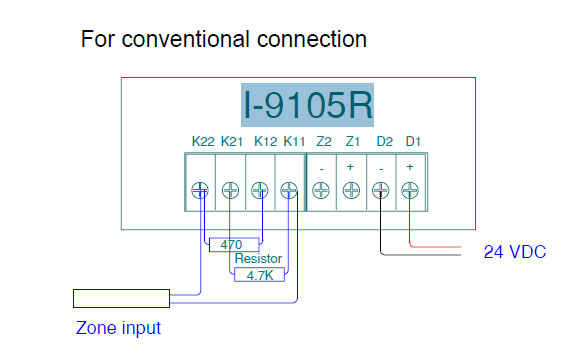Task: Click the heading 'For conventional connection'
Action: click(223, 39)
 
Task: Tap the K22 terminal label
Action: click(202, 143)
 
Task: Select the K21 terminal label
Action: click(231, 143)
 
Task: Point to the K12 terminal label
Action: click(265, 143)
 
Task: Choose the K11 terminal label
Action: click(294, 143)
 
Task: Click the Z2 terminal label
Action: click(323, 143)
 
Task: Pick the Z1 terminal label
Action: click(351, 143)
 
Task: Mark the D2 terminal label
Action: click(383, 143)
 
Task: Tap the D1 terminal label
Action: click(411, 143)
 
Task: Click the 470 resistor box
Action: click(233, 243)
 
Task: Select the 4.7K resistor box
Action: click(259, 274)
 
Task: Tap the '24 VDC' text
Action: click(515, 252)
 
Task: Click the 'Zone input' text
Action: click(118, 327)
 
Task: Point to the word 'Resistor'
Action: click(258, 258)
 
